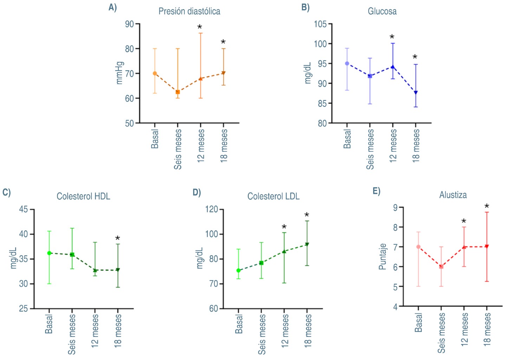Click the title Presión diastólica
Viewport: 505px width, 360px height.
coord(189,12)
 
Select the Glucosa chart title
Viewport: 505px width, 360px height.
coord(382,12)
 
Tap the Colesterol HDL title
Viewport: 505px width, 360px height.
coord(83,196)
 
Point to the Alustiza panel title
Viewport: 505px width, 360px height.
coord(453,195)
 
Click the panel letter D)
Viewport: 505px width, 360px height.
coord(196,192)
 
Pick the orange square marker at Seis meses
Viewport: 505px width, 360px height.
coord(178,92)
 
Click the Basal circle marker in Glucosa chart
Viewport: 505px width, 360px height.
coord(347,64)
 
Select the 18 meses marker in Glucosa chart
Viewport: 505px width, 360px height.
coord(416,93)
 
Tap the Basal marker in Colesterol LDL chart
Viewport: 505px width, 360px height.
coord(238,270)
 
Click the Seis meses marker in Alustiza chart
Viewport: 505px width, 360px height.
coord(441,266)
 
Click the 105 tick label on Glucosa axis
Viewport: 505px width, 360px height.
coord(320,24)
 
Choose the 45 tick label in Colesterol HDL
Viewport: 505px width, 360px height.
coord(24,210)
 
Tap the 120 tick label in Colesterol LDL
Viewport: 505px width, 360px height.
coord(212,210)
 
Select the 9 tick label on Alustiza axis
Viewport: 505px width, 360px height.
coord(395,208)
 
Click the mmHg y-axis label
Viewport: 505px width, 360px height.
coord(119,73)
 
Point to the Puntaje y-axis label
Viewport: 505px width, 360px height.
coord(382,257)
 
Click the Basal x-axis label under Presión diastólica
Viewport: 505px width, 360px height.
coord(155,139)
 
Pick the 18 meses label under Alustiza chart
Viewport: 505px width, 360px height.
coord(487,330)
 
